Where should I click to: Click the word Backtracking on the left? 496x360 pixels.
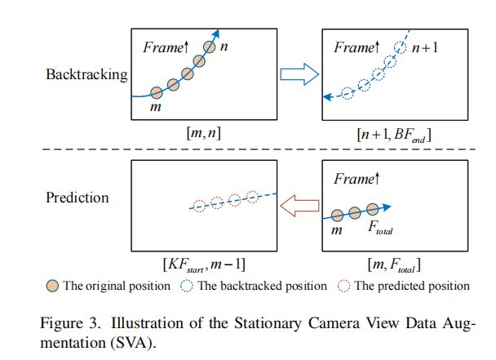click(x=87, y=75)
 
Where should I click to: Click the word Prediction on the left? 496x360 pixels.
click(x=77, y=197)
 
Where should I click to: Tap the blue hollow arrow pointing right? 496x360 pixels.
click(x=296, y=75)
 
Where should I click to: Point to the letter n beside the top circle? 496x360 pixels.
click(x=224, y=47)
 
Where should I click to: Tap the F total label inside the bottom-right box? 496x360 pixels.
click(x=380, y=231)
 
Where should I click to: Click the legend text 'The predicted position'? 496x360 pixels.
click(x=412, y=286)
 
